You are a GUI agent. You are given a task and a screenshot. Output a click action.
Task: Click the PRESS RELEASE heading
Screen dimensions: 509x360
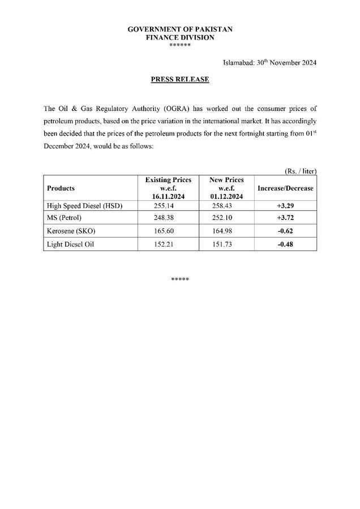(x=180, y=80)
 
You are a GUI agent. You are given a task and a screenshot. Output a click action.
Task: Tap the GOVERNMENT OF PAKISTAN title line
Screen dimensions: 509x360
(x=180, y=28)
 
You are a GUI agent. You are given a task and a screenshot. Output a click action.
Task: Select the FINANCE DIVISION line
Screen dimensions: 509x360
(x=180, y=37)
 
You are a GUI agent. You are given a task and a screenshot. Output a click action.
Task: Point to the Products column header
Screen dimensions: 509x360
(x=61, y=188)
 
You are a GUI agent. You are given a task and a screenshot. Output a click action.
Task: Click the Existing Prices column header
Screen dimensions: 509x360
(x=168, y=188)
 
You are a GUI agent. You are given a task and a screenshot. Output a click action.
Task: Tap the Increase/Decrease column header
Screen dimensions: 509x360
(x=285, y=188)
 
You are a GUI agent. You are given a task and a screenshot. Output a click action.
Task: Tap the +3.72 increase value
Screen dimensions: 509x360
(x=286, y=218)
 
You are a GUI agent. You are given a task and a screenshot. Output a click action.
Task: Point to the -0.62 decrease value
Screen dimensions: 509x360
(x=286, y=231)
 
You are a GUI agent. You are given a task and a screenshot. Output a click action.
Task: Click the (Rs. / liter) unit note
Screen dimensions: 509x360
(x=299, y=171)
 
